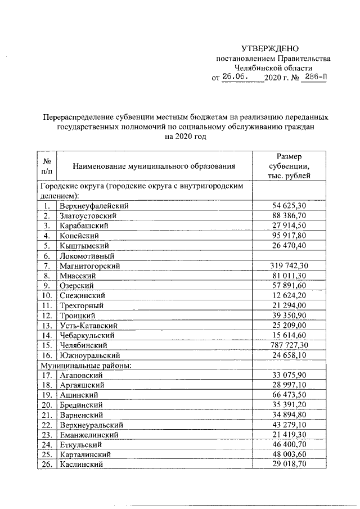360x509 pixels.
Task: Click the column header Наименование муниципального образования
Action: tap(153, 166)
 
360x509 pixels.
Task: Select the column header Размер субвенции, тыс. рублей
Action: tap(289, 166)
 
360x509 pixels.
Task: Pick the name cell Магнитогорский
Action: tap(89, 265)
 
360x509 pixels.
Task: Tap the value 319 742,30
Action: tap(289, 265)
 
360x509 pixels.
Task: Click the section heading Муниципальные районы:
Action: tap(85, 365)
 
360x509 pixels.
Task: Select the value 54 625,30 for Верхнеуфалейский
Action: tap(289, 206)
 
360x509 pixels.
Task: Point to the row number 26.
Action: tap(47, 464)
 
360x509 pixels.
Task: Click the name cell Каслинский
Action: tap(82, 464)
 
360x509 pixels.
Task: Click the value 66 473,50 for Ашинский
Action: tap(289, 395)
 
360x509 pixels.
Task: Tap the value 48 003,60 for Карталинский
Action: tap(289, 454)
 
